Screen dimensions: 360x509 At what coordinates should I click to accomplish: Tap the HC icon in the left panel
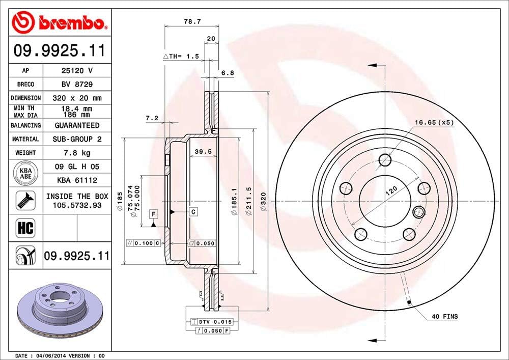pos(25,228)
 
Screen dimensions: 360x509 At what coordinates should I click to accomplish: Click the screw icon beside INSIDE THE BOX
pos(25,200)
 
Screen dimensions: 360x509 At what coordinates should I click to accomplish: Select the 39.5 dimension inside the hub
pos(203,152)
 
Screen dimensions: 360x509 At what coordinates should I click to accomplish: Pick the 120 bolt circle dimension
pos(391,191)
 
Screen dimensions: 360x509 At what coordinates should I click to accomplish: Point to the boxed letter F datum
pos(153,213)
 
